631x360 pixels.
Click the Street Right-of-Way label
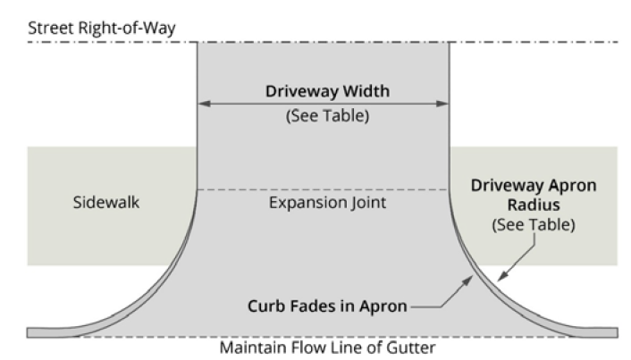[x=102, y=28]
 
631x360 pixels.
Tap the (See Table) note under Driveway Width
[x=322, y=115]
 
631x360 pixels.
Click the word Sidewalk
[x=105, y=203]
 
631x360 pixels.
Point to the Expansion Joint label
[x=322, y=204]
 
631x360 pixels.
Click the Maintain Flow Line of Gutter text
[x=323, y=347]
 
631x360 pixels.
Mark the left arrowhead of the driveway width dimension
[x=201, y=104]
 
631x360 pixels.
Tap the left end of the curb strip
[x=31, y=331]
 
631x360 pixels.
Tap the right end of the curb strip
[x=614, y=331]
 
